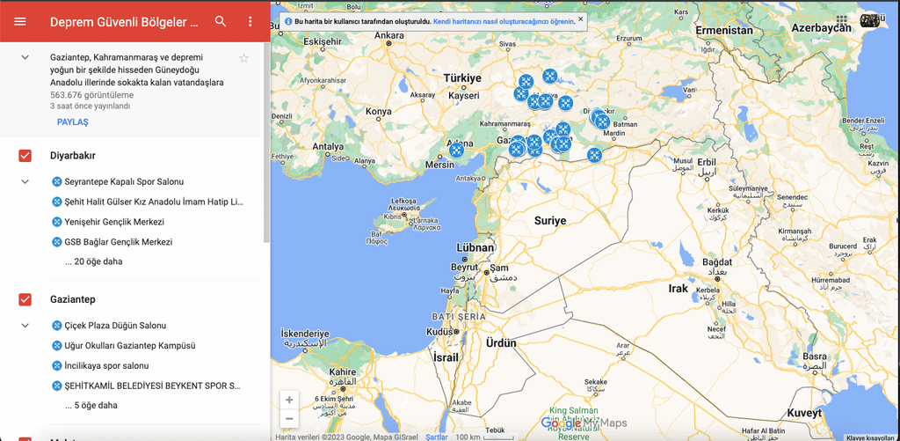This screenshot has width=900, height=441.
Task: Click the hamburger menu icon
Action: [x=20, y=21]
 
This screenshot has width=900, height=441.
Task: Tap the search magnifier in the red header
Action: [x=221, y=21]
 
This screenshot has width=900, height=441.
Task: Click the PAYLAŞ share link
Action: [x=72, y=122]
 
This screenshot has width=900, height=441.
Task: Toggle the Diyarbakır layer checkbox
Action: [x=25, y=156]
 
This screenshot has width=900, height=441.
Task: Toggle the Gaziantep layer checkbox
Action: [x=25, y=299]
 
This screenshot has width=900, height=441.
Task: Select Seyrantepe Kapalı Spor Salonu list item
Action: [x=124, y=182]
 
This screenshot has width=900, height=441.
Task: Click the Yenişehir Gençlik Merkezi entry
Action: [x=114, y=222]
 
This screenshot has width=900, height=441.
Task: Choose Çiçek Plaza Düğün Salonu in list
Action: [x=115, y=326]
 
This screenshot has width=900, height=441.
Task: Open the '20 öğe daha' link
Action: [x=93, y=261]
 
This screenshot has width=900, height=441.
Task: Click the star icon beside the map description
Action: [x=244, y=58]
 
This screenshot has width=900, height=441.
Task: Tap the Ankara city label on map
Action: [x=389, y=36]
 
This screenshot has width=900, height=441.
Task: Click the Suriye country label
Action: [x=550, y=221]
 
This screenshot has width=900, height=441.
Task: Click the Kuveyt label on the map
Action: [x=804, y=413]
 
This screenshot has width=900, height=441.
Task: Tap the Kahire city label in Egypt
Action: [x=343, y=372]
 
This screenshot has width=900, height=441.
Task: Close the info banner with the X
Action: [x=581, y=19]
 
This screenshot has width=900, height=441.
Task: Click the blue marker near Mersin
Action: [x=457, y=150]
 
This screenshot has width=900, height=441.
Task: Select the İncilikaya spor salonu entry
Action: [x=106, y=365]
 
